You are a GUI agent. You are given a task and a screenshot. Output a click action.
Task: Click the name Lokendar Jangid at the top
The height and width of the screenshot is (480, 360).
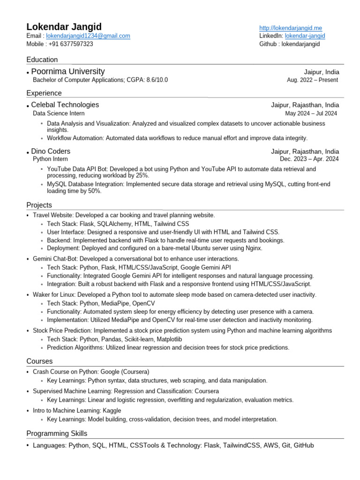point(64,27)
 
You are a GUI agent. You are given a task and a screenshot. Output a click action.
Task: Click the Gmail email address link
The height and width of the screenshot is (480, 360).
point(88,36)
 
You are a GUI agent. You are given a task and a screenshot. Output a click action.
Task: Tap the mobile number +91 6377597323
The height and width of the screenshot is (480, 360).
point(71,44)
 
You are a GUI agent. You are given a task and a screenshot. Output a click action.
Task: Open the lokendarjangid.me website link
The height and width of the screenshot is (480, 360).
point(291,28)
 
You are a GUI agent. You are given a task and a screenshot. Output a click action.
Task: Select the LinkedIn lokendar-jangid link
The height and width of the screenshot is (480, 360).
point(305,36)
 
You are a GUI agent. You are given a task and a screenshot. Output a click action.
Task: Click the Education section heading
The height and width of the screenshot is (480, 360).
point(42,60)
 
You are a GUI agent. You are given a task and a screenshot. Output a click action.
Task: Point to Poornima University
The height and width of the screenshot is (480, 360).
point(68,71)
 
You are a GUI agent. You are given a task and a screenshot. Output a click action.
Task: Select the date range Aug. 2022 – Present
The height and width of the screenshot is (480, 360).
point(312,80)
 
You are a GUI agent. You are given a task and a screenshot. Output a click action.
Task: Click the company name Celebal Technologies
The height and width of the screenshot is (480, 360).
point(65,105)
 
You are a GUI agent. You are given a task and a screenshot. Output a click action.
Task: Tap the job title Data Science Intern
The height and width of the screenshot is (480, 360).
point(59,113)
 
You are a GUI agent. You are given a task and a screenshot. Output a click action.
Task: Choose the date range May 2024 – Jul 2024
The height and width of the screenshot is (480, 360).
point(311,113)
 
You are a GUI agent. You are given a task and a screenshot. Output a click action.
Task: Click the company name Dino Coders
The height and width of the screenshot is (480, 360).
point(51,151)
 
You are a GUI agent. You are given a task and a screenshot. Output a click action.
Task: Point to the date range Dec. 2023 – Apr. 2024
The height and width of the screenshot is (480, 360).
point(309,159)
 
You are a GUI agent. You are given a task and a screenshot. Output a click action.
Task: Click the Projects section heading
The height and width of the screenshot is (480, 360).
point(39,205)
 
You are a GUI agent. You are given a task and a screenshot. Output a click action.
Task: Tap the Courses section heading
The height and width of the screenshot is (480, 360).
point(39,361)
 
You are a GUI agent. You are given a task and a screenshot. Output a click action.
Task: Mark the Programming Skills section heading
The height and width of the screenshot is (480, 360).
point(57,434)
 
